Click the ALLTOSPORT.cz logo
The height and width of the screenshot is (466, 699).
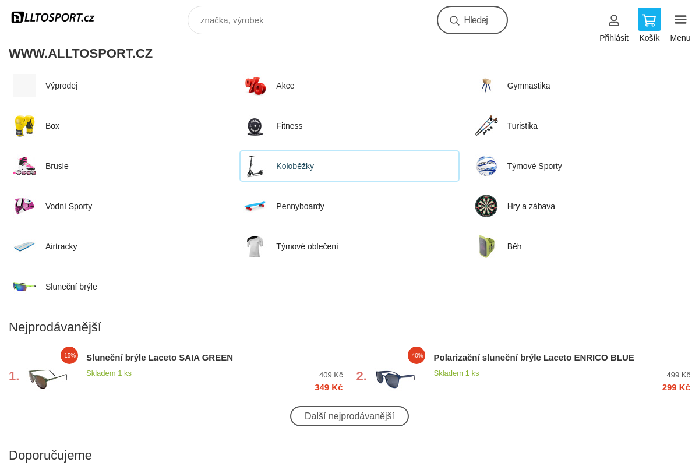tap(53, 17)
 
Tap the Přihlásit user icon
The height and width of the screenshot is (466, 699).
tap(613, 20)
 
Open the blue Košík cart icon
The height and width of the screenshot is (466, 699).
tap(649, 20)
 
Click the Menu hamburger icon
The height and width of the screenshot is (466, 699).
tap(680, 20)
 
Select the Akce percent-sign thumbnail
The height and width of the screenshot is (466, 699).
tap(255, 86)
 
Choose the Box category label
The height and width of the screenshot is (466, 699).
tap(52, 126)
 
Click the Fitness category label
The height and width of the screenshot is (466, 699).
tap(289, 126)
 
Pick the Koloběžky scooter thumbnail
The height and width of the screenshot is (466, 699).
tap(255, 166)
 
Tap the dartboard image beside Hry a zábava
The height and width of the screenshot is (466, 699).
tap(486, 206)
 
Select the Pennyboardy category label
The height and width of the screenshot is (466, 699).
tap(300, 206)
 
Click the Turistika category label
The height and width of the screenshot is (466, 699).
tap(522, 126)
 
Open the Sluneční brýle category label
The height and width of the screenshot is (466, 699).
tap(71, 287)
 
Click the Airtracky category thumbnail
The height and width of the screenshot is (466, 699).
tap(24, 246)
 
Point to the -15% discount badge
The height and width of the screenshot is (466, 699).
tap(69, 355)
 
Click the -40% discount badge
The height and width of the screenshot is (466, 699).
tap(416, 355)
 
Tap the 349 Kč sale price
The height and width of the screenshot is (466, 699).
tap(329, 387)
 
